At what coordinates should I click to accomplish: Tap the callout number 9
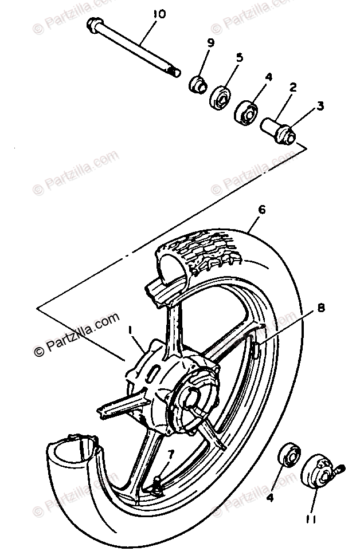(x=211, y=42)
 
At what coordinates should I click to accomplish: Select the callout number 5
(x=239, y=58)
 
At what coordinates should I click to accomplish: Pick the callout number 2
(x=293, y=88)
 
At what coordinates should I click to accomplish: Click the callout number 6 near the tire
(x=261, y=210)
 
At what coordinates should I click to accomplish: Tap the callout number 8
(x=320, y=308)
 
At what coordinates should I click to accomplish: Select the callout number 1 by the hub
(x=131, y=330)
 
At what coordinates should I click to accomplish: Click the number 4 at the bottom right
(x=269, y=498)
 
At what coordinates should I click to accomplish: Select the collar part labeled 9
(x=198, y=84)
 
